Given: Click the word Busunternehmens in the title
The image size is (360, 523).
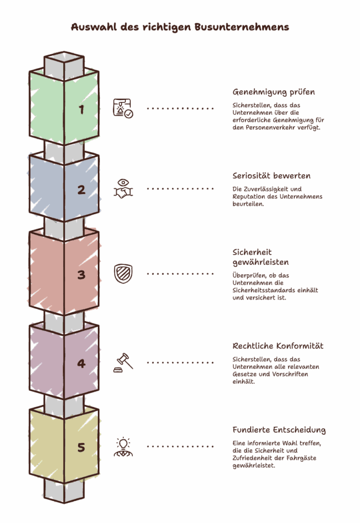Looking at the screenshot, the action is [x=242, y=27].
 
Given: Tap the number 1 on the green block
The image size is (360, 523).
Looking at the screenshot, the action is [x=81, y=109].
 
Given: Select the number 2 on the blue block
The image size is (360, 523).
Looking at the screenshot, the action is [x=81, y=190].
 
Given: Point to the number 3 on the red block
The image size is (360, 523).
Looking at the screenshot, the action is [x=81, y=275].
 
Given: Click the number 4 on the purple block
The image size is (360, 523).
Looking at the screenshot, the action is [x=81, y=364].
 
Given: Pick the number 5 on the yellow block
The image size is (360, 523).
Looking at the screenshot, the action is [x=81, y=447].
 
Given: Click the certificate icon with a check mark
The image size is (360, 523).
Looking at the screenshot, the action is [x=123, y=109].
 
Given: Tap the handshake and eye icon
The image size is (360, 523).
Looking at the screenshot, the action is [x=123, y=189].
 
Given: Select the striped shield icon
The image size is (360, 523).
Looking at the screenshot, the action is [x=123, y=274].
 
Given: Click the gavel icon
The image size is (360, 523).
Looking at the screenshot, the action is [x=123, y=363].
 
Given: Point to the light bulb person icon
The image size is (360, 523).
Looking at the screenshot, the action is [x=123, y=446].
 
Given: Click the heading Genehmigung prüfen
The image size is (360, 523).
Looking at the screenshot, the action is [x=274, y=92].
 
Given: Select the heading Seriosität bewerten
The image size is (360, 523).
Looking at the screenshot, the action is [x=272, y=176].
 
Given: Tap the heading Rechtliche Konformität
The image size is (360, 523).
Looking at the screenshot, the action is [x=278, y=346].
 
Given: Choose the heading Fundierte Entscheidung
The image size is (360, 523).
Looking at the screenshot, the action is [x=279, y=430].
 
